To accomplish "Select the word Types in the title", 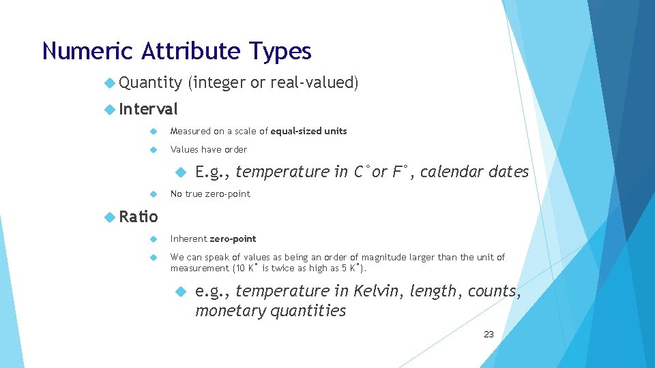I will coord(280,52).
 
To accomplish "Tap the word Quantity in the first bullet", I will coord(150,82).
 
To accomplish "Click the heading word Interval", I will coord(148,108).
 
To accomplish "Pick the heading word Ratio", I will coord(138,217).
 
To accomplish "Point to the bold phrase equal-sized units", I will coord(308,131).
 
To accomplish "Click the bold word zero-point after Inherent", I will coord(233,239).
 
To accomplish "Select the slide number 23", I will coord(489,334).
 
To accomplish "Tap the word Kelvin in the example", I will coord(379,291).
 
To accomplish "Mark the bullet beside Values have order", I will coord(154,150).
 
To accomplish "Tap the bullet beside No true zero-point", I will coord(154,194).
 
